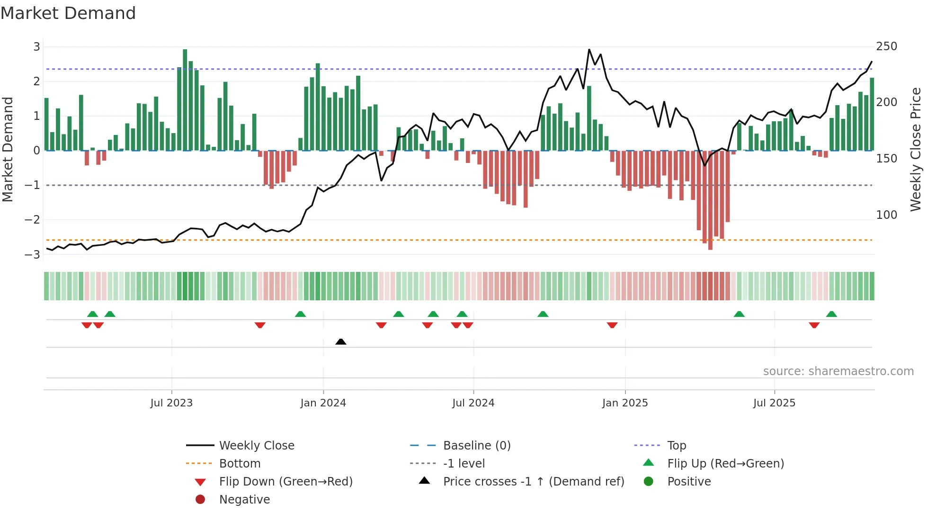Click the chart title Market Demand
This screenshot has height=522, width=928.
click(68, 13)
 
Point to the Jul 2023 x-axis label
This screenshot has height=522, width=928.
click(171, 403)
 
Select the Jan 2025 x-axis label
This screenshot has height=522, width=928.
click(625, 403)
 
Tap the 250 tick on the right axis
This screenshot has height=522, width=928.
click(886, 46)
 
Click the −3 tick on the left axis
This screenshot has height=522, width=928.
click(33, 254)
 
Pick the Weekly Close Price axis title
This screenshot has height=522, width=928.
click(916, 149)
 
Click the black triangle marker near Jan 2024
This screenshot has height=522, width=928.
click(341, 342)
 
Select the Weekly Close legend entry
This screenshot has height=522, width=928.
click(256, 446)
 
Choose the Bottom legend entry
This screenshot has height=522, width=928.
click(240, 464)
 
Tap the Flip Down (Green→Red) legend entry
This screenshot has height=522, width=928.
click(286, 482)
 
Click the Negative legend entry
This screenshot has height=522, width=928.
click(244, 500)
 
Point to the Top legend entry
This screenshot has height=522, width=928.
click(676, 446)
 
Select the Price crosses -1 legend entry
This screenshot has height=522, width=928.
click(533, 482)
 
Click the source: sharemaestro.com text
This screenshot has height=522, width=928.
click(838, 371)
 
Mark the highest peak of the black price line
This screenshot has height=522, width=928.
click(589, 49)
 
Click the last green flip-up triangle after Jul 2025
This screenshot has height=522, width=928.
click(831, 314)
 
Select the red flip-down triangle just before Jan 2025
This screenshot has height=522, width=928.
click(612, 325)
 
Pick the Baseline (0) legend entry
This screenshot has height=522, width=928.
click(476, 446)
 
